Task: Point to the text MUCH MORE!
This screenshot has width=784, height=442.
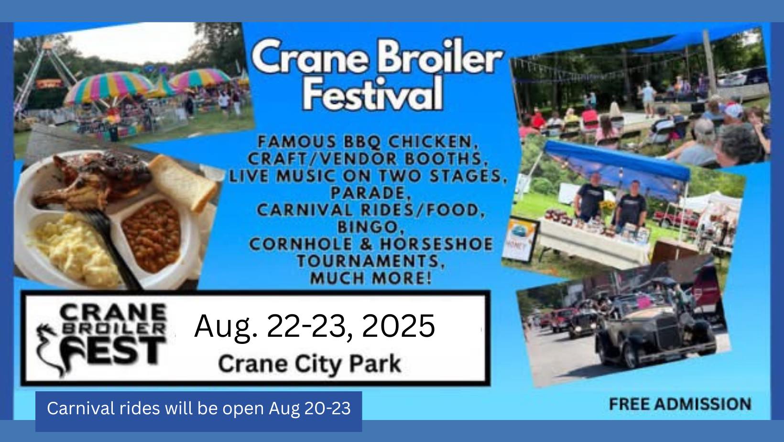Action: [x=371, y=278]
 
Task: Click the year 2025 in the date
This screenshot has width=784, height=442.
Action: [x=398, y=326]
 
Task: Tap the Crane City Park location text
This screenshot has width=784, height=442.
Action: [x=309, y=364]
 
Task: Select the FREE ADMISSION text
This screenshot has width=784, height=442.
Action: [x=680, y=404]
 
